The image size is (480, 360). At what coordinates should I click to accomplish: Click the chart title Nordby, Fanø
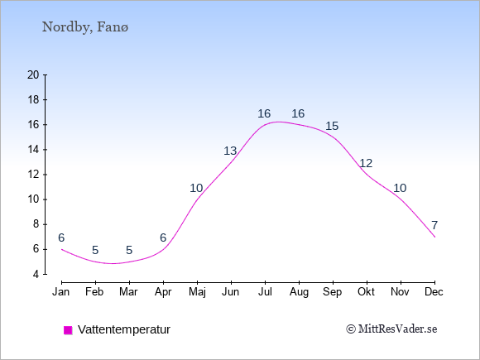[x=85, y=27]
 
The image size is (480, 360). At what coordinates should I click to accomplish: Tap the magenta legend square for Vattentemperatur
[x=68, y=330]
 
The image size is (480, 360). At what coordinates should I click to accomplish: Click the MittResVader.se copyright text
[x=391, y=329]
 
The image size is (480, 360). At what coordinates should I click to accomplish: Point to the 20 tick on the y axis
[x=33, y=74]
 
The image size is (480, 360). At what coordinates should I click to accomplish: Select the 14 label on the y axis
[x=33, y=150]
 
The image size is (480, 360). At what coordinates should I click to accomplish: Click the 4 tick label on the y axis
[x=36, y=274]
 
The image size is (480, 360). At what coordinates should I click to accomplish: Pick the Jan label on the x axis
[x=61, y=292]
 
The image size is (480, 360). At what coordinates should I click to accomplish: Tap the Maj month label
[x=197, y=292]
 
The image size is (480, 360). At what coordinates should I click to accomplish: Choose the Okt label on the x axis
[x=366, y=292]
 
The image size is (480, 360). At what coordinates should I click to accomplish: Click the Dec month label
[x=434, y=292]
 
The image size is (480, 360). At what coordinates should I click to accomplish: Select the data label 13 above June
[x=230, y=151]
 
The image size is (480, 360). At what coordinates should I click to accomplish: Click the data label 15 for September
[x=332, y=126]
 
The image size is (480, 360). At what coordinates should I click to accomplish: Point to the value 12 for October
[x=366, y=163]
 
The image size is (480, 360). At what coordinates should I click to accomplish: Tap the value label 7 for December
[x=434, y=225]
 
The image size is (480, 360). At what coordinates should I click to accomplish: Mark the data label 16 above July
[x=264, y=113]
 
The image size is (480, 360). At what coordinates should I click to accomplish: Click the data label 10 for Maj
[x=196, y=188]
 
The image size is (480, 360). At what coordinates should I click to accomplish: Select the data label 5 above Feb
[x=95, y=251]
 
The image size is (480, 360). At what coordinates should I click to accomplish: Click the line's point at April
[x=164, y=249]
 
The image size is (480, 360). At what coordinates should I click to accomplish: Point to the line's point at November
[x=401, y=199]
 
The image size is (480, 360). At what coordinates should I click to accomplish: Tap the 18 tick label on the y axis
[x=33, y=100]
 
